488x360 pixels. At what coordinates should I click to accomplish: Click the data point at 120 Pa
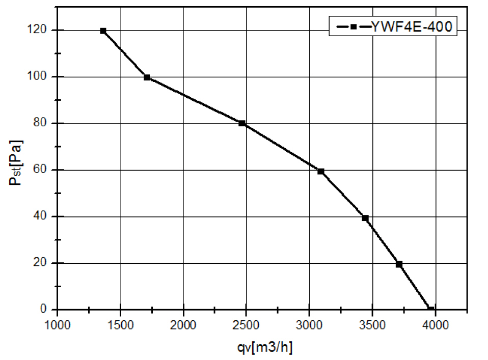point(103,31)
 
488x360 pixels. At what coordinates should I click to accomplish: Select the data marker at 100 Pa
point(147,77)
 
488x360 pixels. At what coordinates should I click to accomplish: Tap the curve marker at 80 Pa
point(242,123)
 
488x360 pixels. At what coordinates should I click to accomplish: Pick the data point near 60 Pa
point(321,171)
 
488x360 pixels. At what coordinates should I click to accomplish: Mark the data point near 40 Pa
point(365,218)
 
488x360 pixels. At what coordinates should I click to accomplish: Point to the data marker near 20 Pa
point(399,264)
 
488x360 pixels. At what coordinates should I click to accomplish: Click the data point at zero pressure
point(430,309)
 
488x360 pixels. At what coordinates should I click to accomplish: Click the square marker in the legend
point(353,27)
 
